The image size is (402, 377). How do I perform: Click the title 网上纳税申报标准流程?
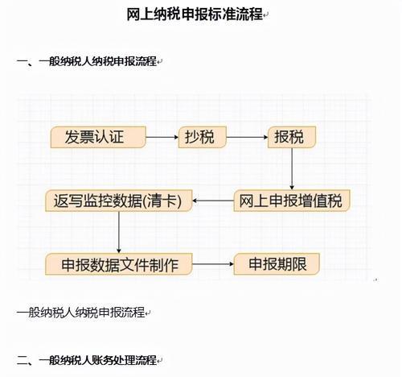[x=195, y=14]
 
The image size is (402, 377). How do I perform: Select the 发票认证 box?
[x=98, y=137]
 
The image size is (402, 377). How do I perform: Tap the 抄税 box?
[x=203, y=137]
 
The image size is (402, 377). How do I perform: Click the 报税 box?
[x=292, y=137]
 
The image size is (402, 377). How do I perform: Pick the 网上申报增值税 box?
[x=292, y=201]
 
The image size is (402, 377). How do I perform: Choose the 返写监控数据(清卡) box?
[x=119, y=201]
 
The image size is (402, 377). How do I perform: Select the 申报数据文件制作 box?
[x=119, y=264]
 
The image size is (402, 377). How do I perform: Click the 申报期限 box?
[x=277, y=264]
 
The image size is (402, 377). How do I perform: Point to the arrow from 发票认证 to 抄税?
[x=162, y=137]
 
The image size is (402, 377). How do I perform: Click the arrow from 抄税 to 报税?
[x=247, y=137]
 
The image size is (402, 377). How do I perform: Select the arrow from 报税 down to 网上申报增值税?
[x=292, y=169]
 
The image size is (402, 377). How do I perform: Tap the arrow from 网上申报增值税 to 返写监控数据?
[x=213, y=201]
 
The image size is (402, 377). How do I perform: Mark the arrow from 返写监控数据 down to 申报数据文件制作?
[x=119, y=233]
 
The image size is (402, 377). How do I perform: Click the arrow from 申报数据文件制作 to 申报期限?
[x=213, y=264]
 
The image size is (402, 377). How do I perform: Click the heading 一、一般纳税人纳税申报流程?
[x=87, y=61]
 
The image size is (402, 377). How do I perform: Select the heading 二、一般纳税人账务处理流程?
[x=87, y=360]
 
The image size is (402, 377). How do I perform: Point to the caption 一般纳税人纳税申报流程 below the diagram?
[x=80, y=313]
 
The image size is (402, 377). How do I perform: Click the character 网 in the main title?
[x=133, y=14]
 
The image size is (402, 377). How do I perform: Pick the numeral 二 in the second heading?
[x=23, y=360]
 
